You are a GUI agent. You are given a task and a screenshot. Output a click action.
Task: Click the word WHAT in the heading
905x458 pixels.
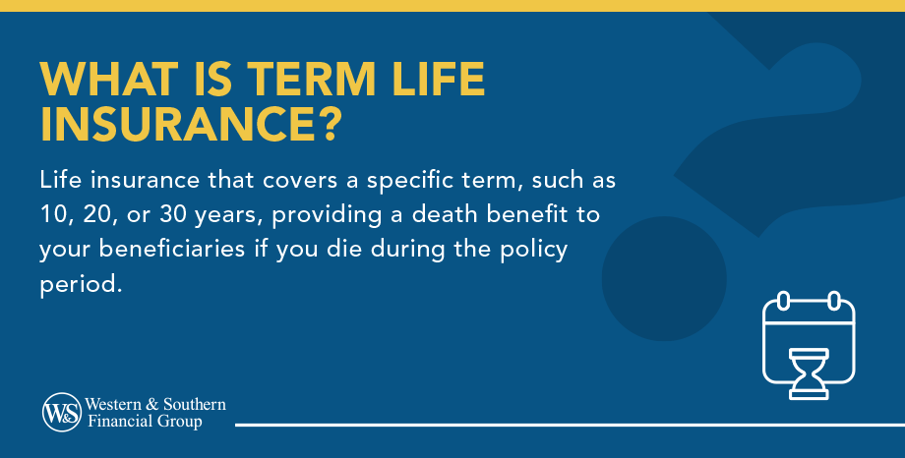[109, 79]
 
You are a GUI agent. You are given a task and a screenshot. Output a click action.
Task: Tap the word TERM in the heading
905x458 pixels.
[311, 79]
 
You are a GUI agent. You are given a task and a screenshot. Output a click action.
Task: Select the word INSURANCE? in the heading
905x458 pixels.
[191, 124]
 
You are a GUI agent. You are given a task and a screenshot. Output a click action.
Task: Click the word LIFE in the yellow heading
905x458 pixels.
[438, 79]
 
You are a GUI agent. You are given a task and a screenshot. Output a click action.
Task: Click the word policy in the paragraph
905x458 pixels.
[534, 251]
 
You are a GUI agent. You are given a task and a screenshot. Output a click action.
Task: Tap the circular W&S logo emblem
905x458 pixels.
[61, 412]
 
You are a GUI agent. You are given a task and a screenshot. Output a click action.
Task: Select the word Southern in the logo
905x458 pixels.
[195, 404]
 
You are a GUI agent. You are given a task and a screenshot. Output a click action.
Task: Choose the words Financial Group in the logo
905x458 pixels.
[145, 422]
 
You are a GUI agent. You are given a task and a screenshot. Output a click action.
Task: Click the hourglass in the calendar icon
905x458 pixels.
[809, 373]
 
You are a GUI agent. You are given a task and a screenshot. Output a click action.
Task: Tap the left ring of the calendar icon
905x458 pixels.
[783, 301]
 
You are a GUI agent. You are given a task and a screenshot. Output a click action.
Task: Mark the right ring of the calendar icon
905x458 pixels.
[834, 301]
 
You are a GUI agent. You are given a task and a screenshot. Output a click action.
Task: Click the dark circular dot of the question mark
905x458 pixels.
[664, 278]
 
